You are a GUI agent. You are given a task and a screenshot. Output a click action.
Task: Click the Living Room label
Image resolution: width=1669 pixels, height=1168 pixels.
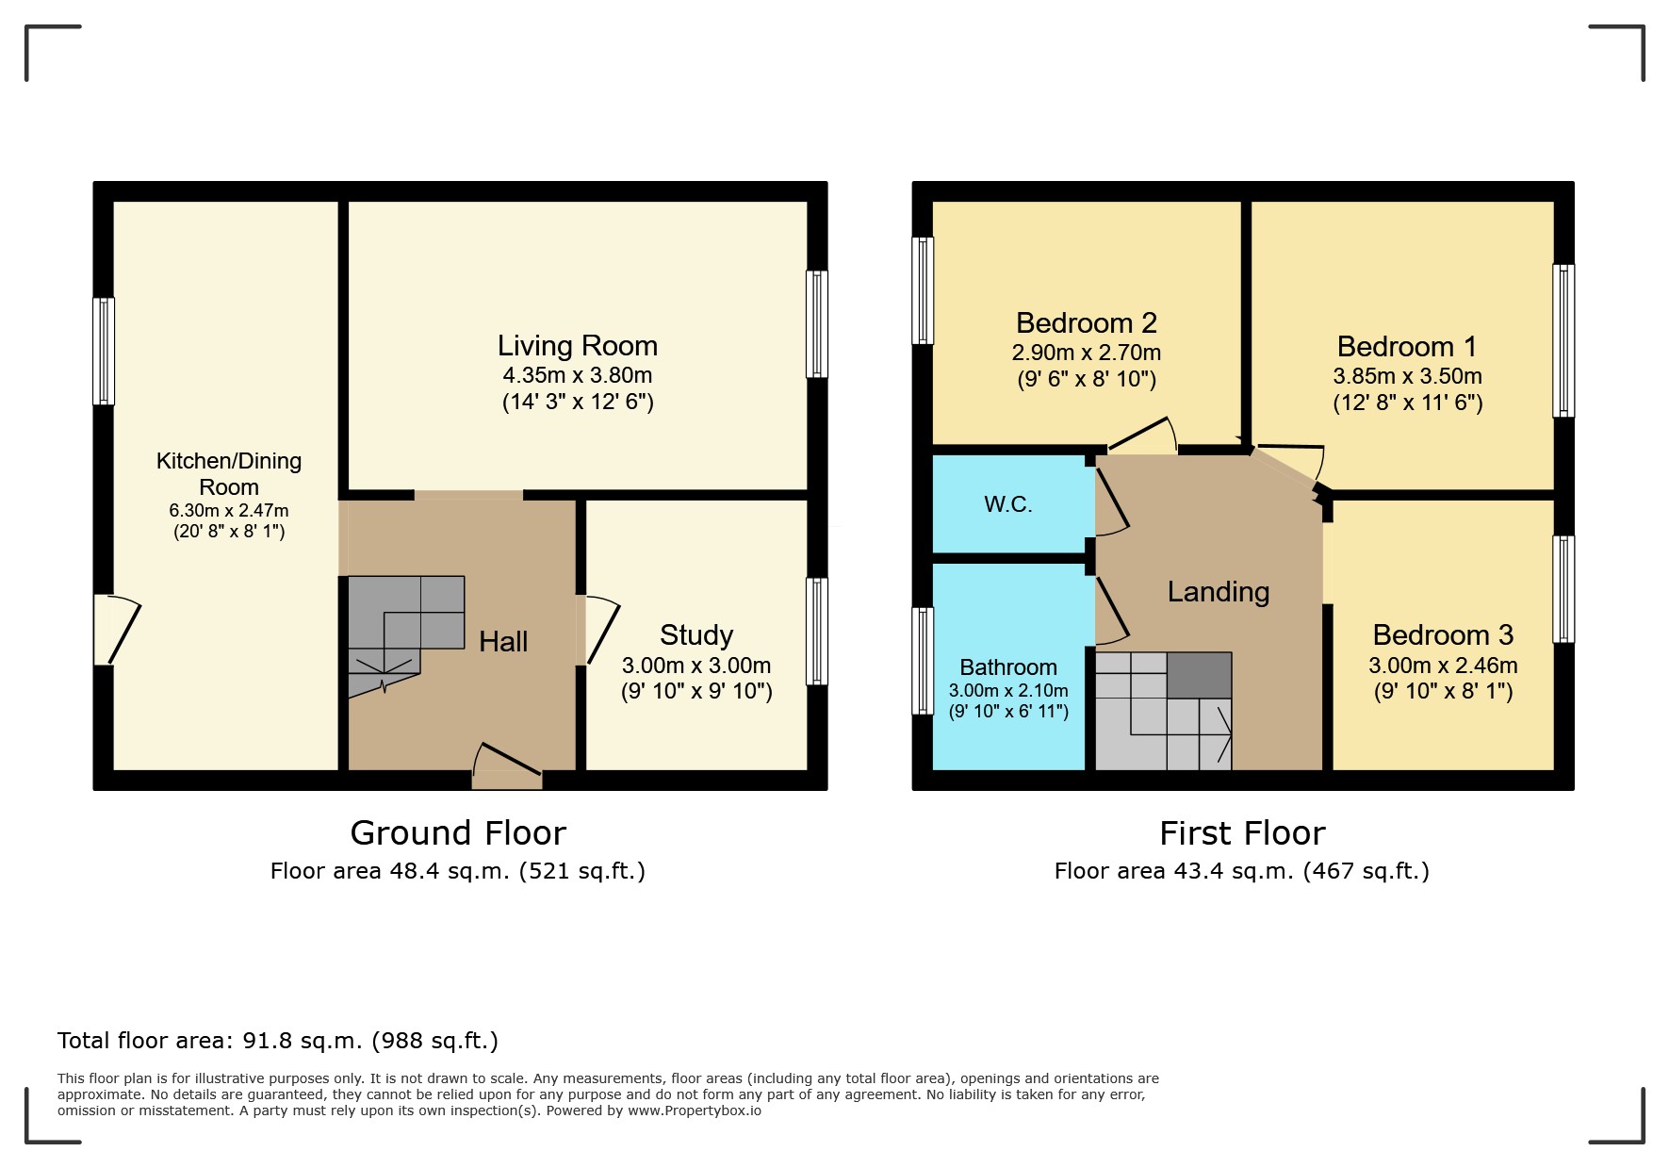click(x=578, y=346)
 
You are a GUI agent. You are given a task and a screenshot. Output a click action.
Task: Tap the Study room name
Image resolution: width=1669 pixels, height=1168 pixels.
click(x=696, y=635)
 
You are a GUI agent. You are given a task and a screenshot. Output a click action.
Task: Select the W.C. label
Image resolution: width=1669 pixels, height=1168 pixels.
click(x=1008, y=504)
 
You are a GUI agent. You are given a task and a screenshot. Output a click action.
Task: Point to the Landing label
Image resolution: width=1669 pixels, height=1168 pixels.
click(x=1219, y=592)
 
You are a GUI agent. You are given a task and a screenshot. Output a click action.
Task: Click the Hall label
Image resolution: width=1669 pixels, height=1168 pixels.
click(x=503, y=642)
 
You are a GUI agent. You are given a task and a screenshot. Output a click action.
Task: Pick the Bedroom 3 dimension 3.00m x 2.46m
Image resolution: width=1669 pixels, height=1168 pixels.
click(x=1443, y=666)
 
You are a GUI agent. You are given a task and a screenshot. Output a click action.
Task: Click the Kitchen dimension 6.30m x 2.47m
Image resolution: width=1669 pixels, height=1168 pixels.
click(x=229, y=510)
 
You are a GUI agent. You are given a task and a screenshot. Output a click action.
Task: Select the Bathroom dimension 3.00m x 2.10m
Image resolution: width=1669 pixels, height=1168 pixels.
click(x=1008, y=690)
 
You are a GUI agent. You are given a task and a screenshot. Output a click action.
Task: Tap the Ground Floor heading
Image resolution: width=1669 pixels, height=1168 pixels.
click(x=458, y=833)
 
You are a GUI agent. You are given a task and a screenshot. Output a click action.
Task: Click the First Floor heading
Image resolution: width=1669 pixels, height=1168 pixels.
click(x=1242, y=833)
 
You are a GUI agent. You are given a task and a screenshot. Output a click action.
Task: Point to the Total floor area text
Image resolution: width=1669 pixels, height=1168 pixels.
click(x=278, y=1041)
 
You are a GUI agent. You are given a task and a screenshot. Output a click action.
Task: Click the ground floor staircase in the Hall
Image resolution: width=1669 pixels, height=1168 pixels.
click(x=406, y=636)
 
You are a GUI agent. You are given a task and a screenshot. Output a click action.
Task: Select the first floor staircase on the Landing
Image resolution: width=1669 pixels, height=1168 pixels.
click(x=1164, y=711)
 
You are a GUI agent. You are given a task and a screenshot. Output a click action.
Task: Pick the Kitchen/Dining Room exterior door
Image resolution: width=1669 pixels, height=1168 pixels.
click(x=117, y=629)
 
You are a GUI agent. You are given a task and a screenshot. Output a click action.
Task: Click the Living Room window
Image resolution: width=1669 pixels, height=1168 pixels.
click(x=817, y=324)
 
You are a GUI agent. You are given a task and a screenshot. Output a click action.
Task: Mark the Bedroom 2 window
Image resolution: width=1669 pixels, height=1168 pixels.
click(x=924, y=290)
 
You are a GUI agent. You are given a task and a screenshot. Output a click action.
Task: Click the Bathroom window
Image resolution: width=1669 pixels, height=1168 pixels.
click(x=924, y=661)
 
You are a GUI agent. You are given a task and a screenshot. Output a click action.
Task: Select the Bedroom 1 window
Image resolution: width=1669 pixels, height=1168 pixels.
click(x=1563, y=340)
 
